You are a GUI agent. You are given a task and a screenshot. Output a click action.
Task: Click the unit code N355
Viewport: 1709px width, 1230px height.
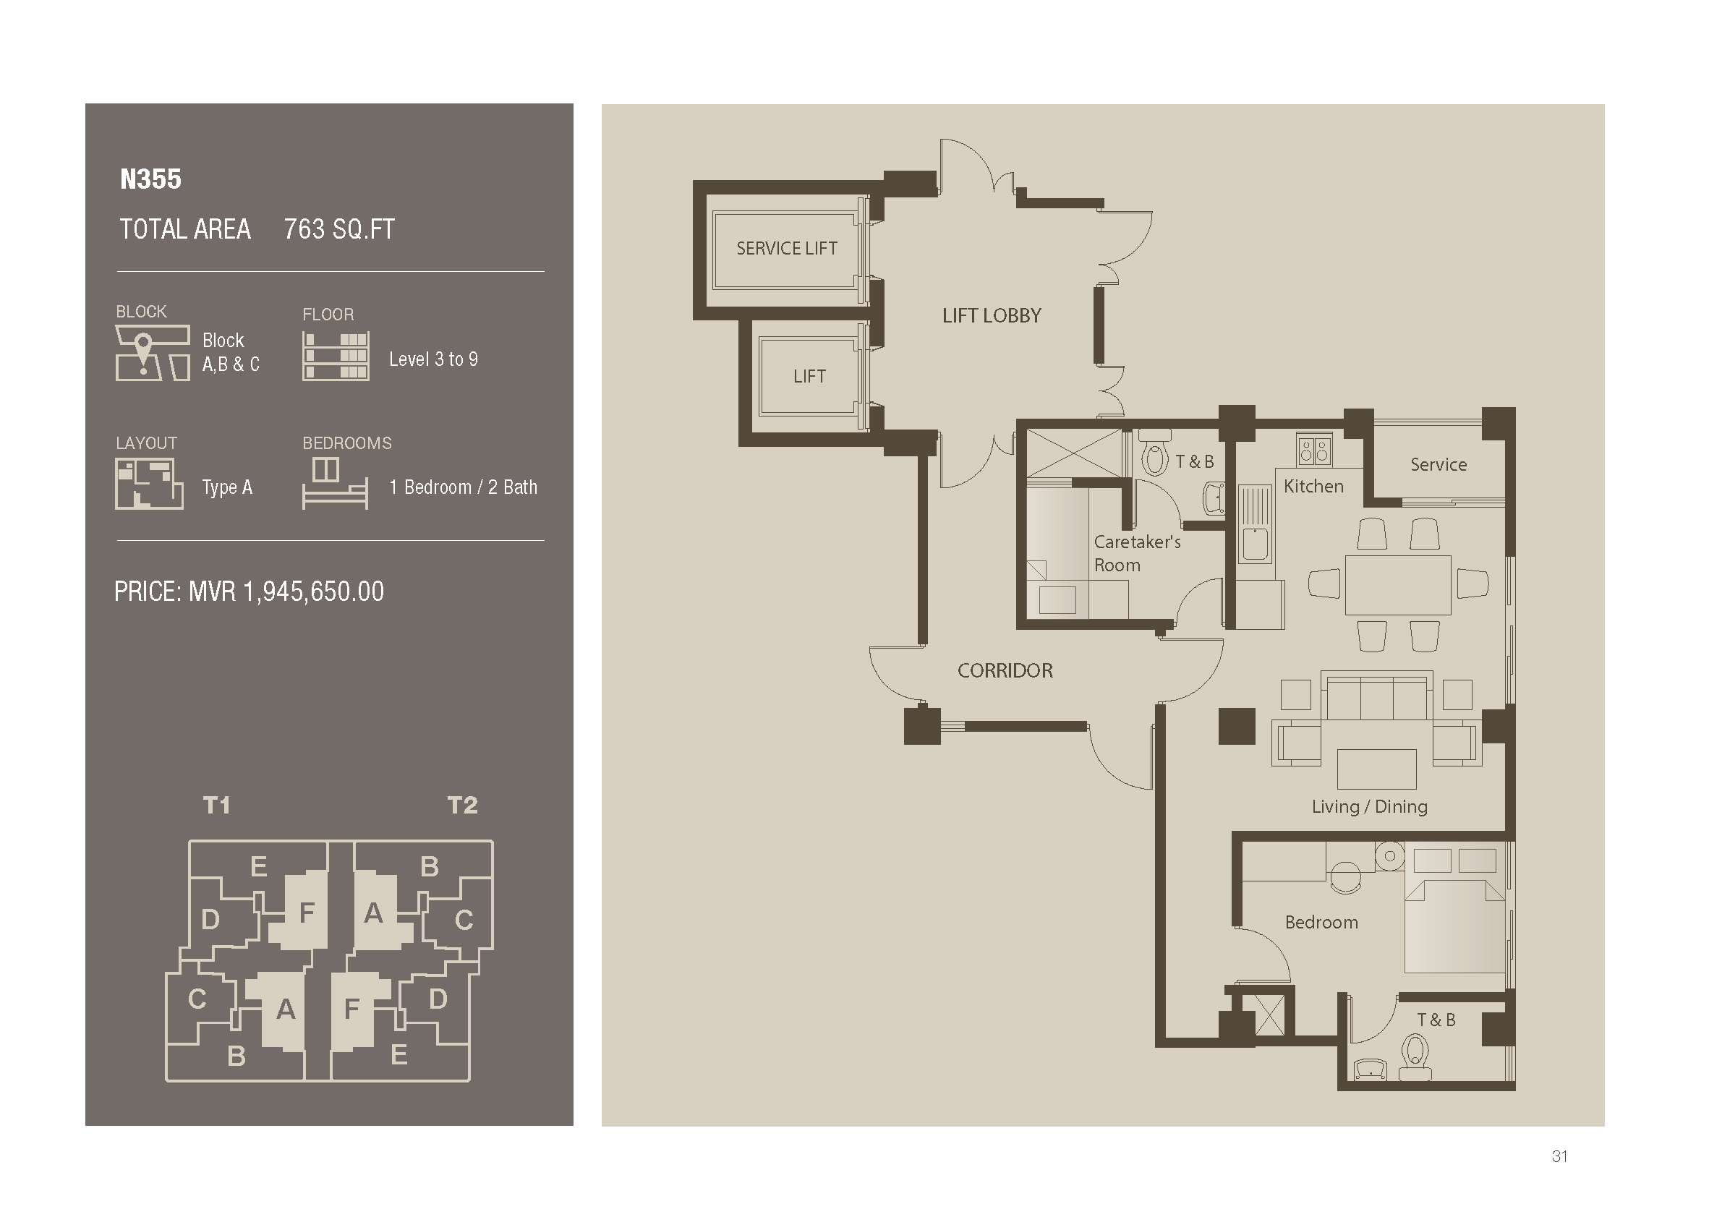pyautogui.click(x=150, y=179)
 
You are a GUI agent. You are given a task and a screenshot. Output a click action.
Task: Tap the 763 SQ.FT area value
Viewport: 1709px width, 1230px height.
pyautogui.click(x=339, y=229)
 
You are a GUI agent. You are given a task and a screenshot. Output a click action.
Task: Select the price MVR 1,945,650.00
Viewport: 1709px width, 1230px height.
pyautogui.click(x=249, y=591)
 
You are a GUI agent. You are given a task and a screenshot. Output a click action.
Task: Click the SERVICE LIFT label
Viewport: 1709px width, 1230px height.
pyautogui.click(x=787, y=249)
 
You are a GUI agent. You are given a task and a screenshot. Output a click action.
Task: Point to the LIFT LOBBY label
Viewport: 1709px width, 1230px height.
pyautogui.click(x=992, y=315)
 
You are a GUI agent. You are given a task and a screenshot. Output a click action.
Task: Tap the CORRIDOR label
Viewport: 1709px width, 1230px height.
pyautogui.click(x=1005, y=670)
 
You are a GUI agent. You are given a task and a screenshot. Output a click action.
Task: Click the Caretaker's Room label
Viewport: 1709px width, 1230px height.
pyautogui.click(x=1136, y=553)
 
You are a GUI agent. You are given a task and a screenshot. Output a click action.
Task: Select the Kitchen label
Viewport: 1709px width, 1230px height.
pyautogui.click(x=1313, y=486)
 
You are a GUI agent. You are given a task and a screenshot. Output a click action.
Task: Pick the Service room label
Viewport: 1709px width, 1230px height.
pyautogui.click(x=1439, y=464)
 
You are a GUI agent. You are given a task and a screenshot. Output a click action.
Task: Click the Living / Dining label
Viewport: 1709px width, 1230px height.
pyautogui.click(x=1369, y=806)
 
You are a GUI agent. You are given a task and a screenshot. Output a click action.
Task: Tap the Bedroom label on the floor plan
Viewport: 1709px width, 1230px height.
pyautogui.click(x=1321, y=922)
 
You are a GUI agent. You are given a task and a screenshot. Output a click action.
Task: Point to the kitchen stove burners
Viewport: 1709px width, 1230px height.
pyautogui.click(x=1313, y=450)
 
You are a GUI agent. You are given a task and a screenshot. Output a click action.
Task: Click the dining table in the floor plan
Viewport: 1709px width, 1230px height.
pyautogui.click(x=1398, y=584)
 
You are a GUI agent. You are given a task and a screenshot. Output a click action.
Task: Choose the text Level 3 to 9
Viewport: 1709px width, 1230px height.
pyautogui.click(x=433, y=359)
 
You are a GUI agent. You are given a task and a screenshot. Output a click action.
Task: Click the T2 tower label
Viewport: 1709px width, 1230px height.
pyautogui.click(x=462, y=806)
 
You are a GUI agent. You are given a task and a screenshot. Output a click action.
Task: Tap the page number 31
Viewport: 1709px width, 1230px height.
pyautogui.click(x=1560, y=1156)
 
